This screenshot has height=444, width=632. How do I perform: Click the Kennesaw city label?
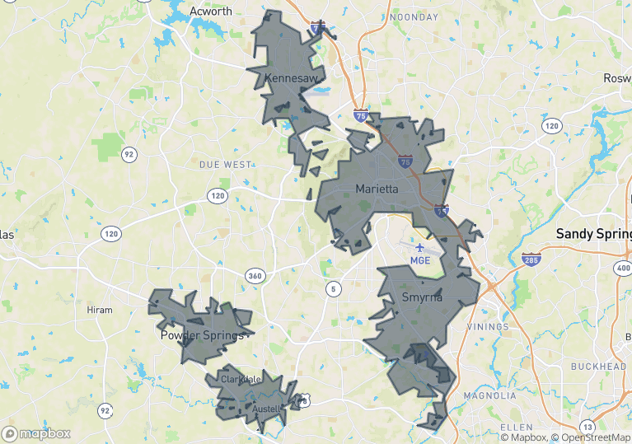point(291,77)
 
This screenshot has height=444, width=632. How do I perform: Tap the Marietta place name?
point(377,189)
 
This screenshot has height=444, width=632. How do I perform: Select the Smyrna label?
point(422,297)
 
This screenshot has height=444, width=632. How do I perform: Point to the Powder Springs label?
point(202,336)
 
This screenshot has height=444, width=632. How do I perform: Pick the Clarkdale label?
point(241,379)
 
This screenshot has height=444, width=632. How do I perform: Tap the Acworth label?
point(211,12)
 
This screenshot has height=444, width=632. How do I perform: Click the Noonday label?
point(414,16)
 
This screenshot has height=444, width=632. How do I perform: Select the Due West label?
point(226,165)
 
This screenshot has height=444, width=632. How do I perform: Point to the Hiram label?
point(100,310)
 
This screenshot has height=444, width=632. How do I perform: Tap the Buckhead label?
point(598,366)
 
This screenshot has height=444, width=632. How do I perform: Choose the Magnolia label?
point(489,395)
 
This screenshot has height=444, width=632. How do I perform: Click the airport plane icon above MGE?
point(420,246)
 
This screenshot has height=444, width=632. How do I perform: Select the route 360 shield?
point(255,275)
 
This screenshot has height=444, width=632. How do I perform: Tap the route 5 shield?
point(333,288)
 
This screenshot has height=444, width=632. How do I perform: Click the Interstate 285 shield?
point(531,260)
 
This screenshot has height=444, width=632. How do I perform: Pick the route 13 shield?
point(587,426)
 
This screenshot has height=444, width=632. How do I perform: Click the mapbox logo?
point(37,433)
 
